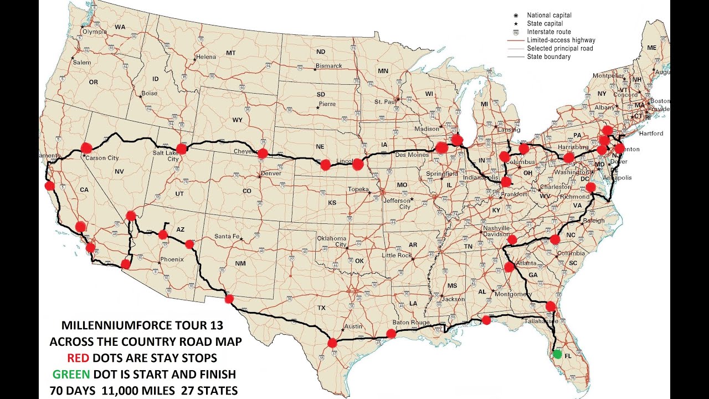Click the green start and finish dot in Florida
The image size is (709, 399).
[557, 354]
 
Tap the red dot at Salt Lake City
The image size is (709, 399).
[181, 149]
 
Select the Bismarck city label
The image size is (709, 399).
[329, 65]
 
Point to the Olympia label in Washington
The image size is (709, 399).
[94, 32]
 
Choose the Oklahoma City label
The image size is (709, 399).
[332, 241]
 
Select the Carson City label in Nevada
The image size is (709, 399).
[102, 158]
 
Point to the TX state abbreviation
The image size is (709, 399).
[321, 308]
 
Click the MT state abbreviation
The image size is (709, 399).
[231, 53]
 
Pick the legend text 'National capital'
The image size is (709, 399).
[549, 16]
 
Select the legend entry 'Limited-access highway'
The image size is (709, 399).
[561, 40]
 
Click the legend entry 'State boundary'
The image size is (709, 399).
[548, 57]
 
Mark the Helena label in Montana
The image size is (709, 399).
[206, 57]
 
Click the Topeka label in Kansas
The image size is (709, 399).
[358, 190]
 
